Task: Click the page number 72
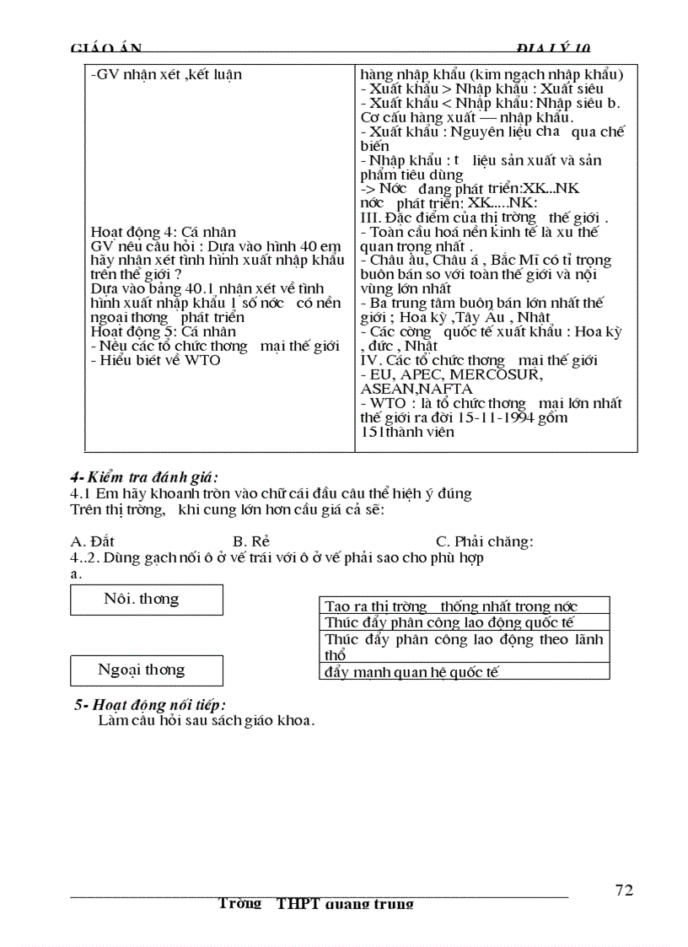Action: [x=624, y=891]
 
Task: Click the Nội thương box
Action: [x=147, y=600]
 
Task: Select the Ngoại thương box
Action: [x=147, y=670]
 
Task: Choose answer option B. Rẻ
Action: [x=251, y=541]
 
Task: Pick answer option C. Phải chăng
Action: [x=484, y=541]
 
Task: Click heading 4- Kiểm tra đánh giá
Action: [x=144, y=477]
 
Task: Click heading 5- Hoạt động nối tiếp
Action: [x=150, y=705]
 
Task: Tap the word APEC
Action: [x=418, y=374]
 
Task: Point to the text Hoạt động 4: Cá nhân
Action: [x=163, y=232]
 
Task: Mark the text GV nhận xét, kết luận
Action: [x=166, y=74]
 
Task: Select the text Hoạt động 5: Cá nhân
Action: [x=163, y=331]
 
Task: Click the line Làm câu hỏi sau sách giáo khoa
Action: [x=207, y=720]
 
